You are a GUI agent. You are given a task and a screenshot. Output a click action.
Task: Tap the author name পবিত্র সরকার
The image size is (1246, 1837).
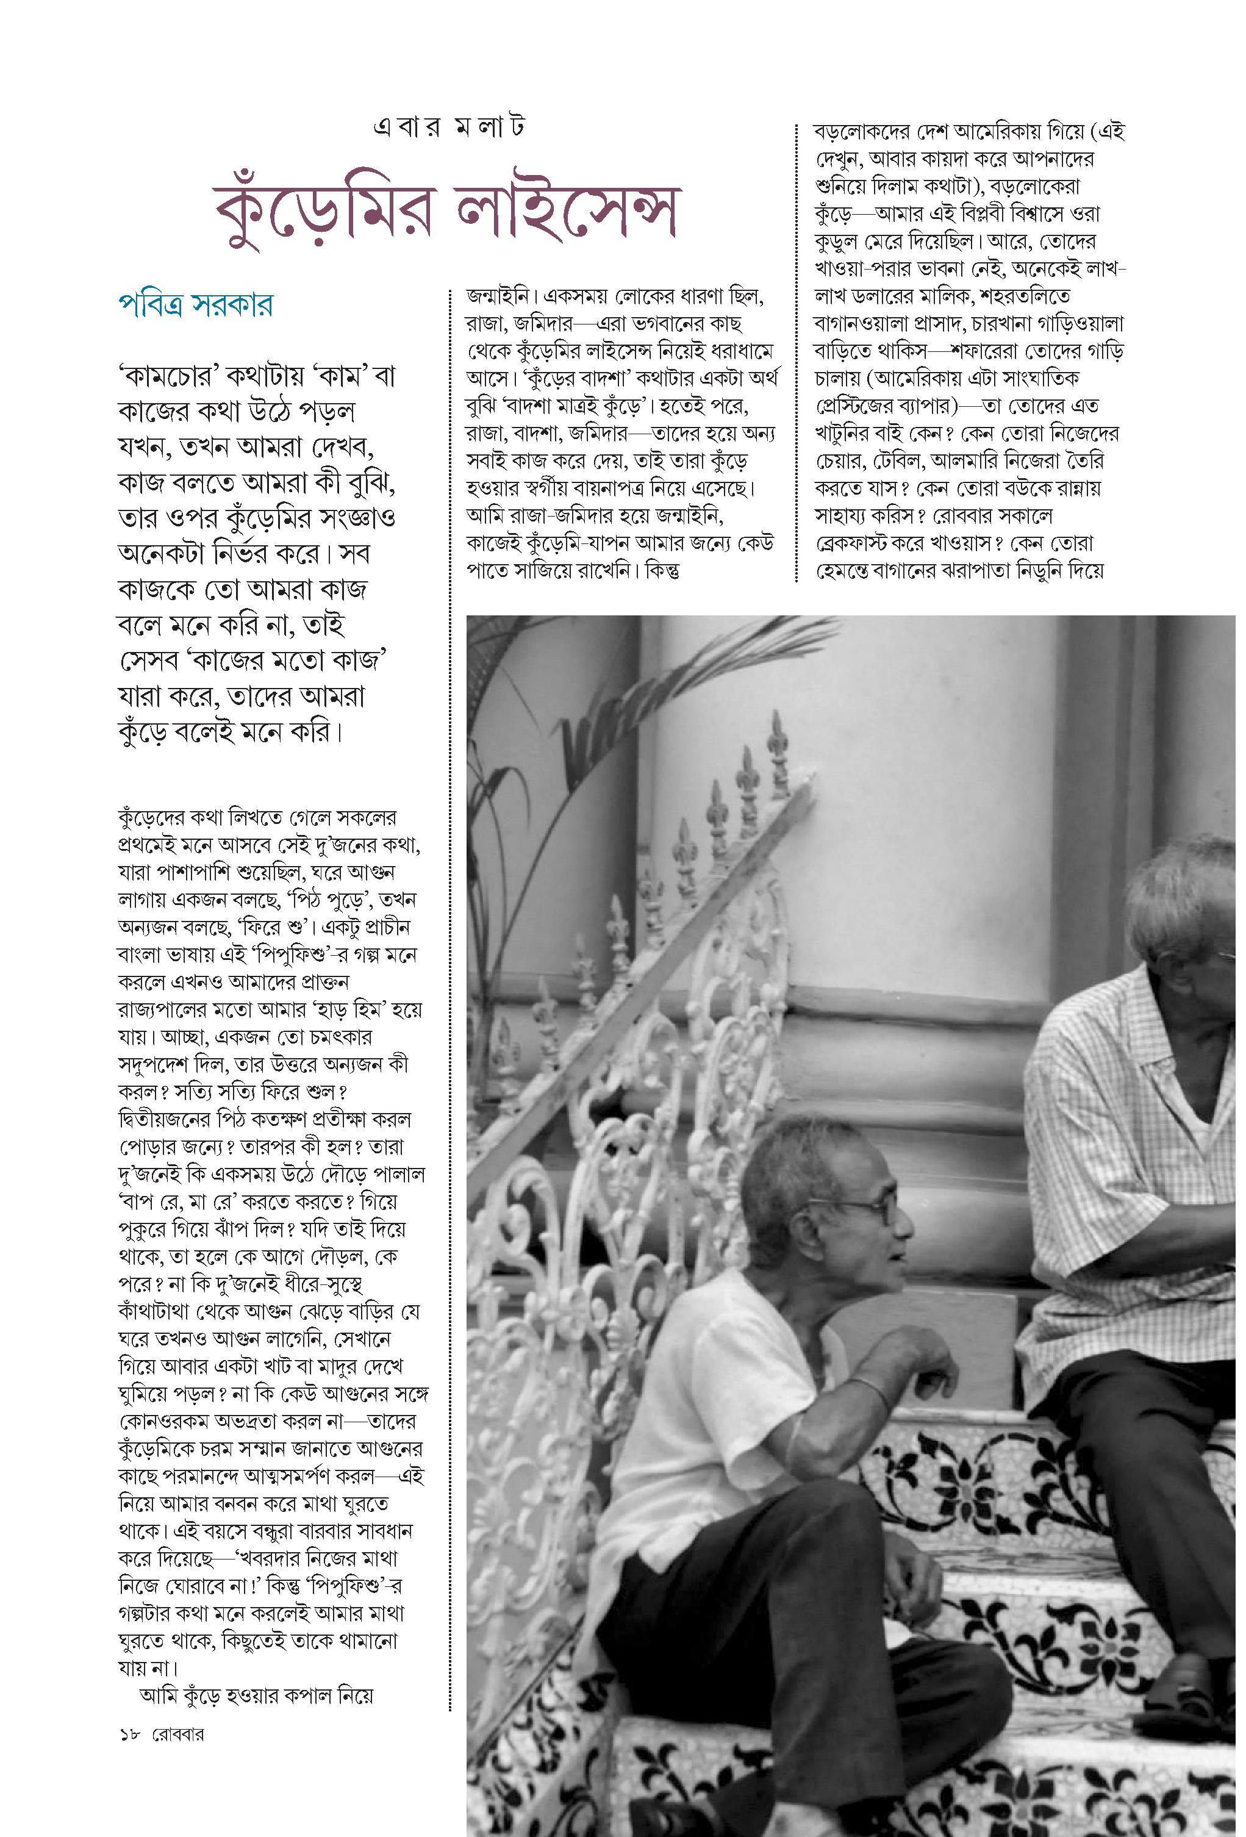click(195, 304)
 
